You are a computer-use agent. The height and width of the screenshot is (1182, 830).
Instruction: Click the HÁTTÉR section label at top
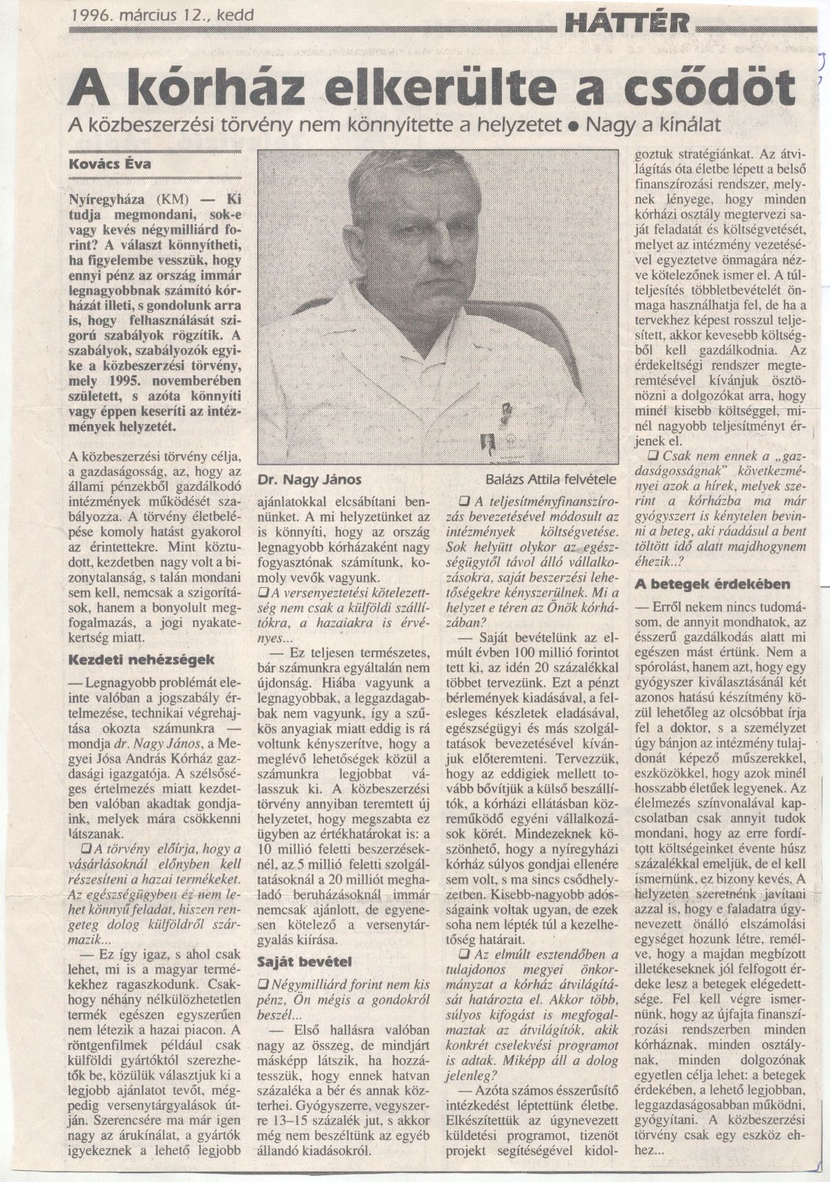point(626,25)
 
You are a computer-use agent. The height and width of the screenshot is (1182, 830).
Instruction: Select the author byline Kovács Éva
point(111,165)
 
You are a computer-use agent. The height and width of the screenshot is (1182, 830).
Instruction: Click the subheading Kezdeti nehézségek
point(142,659)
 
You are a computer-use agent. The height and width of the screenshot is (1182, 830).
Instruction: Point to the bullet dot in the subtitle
point(570,125)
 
